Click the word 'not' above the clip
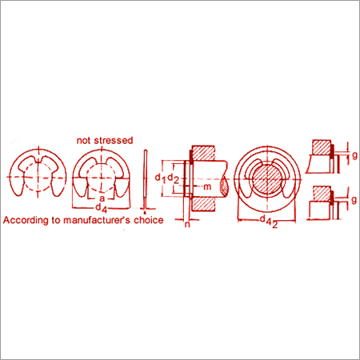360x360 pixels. [82, 141]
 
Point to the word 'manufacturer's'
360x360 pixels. [97, 220]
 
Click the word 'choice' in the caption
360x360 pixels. [149, 220]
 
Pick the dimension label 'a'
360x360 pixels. [102, 198]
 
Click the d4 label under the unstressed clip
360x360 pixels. [102, 208]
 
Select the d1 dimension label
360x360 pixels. [161, 178]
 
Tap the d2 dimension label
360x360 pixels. [174, 178]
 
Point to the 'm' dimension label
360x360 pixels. [207, 186]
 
